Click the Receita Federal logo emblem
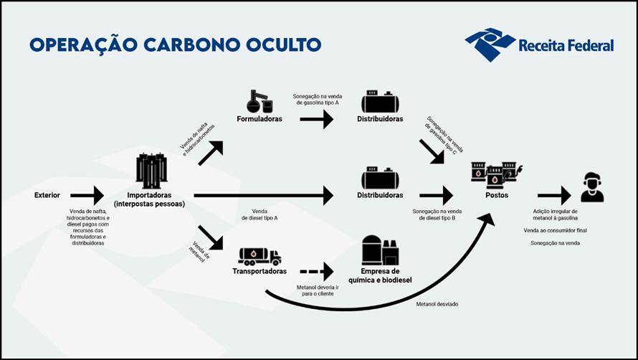(x=490, y=44)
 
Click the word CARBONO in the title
(x=194, y=44)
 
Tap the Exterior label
(x=47, y=196)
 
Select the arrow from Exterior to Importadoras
(x=87, y=196)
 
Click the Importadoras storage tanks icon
(x=152, y=171)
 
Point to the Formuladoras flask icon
(x=260, y=101)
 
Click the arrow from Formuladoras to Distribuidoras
(x=317, y=119)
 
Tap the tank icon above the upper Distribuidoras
(x=380, y=101)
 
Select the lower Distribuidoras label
(x=380, y=196)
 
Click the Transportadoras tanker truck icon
(x=260, y=257)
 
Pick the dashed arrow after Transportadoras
(x=317, y=272)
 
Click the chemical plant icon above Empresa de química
(x=380, y=250)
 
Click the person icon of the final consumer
(x=592, y=187)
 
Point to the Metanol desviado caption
(x=437, y=304)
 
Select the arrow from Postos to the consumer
(x=554, y=196)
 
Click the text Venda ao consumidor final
(x=555, y=230)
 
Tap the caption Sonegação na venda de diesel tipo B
(x=437, y=214)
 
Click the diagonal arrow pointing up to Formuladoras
(x=211, y=153)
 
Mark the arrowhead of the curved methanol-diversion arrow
(x=486, y=219)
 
